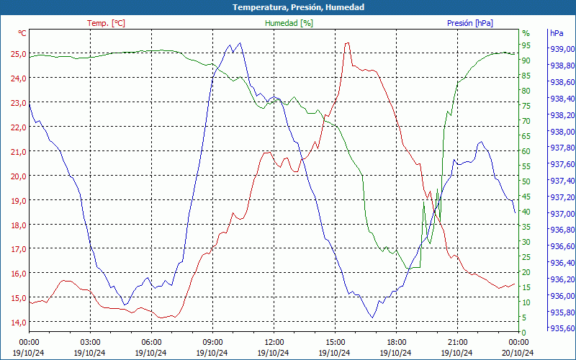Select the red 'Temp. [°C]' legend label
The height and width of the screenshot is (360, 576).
point(106,23)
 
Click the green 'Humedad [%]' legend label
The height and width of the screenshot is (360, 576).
point(289,23)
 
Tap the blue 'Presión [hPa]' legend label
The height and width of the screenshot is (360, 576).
point(469,23)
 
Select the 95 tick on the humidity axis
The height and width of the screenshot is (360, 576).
point(526,45)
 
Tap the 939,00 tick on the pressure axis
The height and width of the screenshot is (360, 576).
point(561,50)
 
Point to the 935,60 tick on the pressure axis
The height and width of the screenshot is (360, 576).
point(561,328)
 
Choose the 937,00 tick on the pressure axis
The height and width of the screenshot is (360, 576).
point(561,214)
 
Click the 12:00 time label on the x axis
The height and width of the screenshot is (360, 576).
point(274,341)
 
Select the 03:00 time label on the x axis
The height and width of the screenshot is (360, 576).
point(90,341)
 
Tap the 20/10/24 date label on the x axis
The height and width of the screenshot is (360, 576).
point(518,352)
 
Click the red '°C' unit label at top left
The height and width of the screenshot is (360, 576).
point(22,33)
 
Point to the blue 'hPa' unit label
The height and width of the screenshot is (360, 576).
point(557,33)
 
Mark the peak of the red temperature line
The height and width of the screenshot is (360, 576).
point(347,42)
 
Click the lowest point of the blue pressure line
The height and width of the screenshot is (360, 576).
point(372,318)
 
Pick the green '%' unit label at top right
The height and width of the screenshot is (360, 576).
point(526,33)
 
